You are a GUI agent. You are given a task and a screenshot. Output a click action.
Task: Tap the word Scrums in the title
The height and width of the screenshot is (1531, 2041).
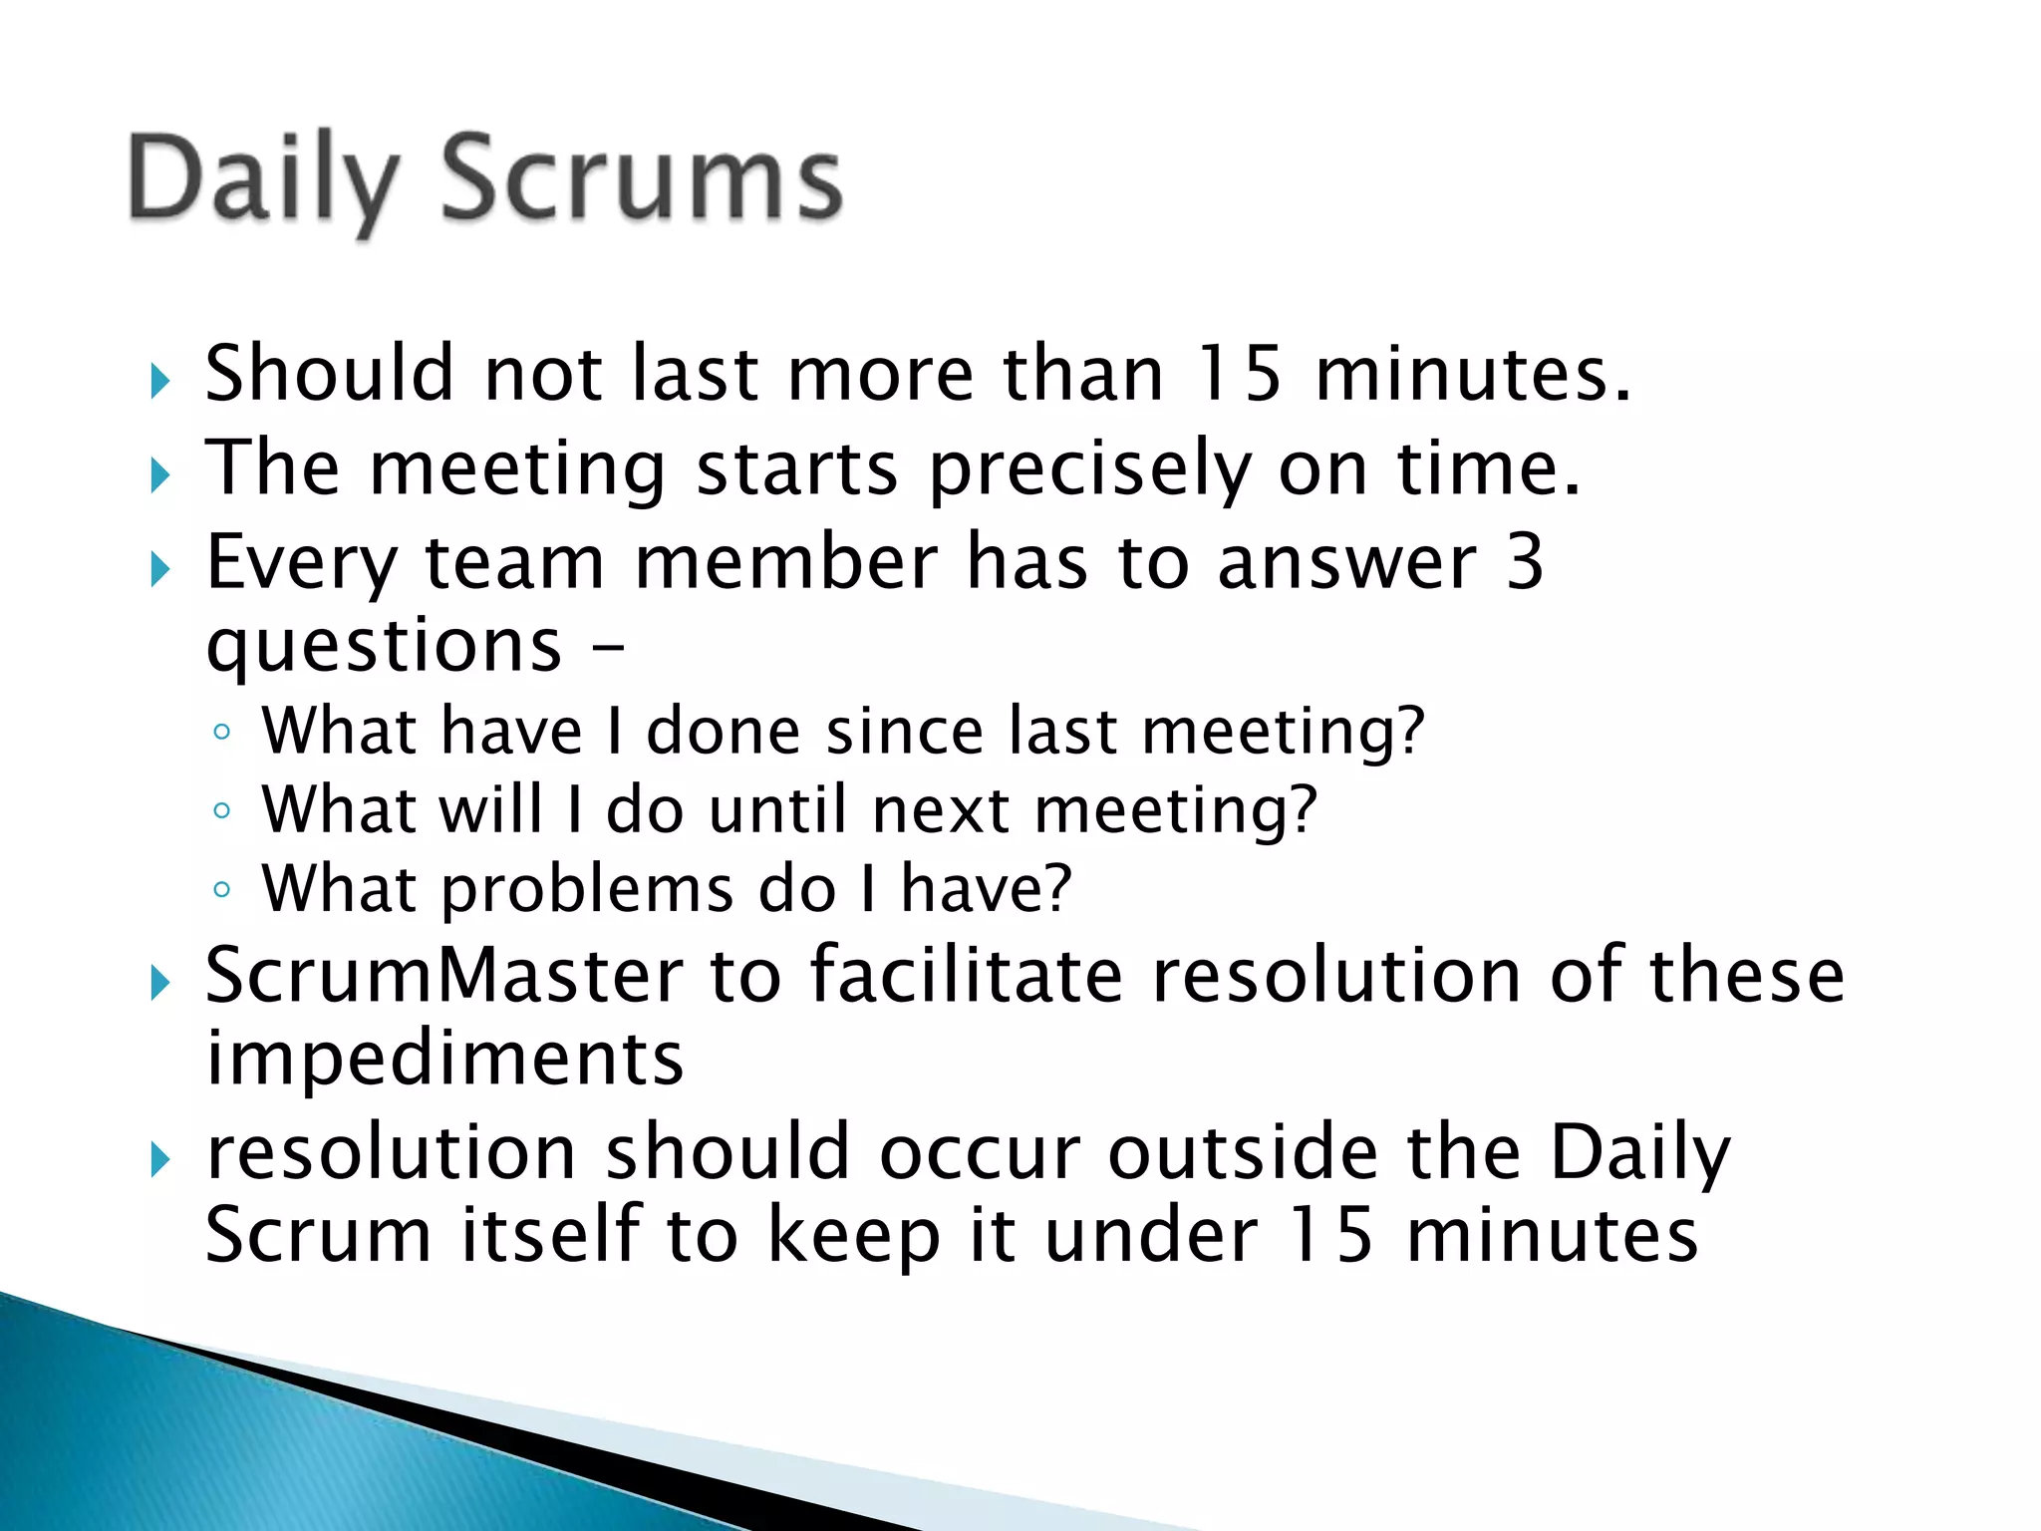(642, 179)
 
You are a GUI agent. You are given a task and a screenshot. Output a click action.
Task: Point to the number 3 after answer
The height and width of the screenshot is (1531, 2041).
(1524, 561)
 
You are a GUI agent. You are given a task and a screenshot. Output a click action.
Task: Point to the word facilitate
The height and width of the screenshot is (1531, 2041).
(966, 975)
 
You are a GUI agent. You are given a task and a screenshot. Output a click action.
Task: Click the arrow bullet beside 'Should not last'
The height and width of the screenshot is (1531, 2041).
(159, 381)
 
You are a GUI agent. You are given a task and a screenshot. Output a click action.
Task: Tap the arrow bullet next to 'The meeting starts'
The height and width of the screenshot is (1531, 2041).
(159, 475)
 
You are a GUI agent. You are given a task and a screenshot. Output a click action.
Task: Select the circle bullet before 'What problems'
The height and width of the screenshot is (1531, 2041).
(221, 888)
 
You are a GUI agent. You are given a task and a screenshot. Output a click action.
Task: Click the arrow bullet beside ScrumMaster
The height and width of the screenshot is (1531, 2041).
(159, 983)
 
